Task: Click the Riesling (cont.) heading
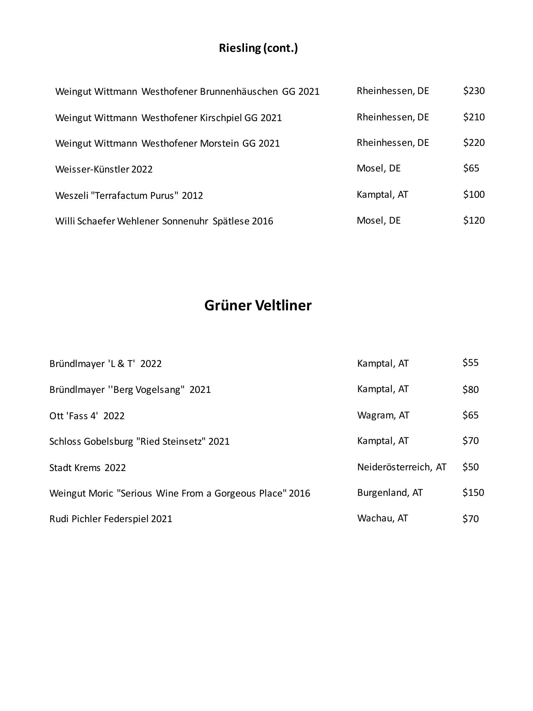258,48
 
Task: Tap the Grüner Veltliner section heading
258,306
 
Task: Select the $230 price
473,91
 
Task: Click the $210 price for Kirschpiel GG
473,117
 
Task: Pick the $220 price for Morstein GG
473,143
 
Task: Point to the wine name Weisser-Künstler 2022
104,169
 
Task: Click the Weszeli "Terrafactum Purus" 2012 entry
129,195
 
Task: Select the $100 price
473,194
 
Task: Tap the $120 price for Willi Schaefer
473,220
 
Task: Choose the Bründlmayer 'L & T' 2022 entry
105,364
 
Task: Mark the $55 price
470,363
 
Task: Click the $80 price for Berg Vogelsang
470,390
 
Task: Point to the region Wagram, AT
383,415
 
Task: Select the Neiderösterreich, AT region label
402,467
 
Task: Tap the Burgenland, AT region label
390,493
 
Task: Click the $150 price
473,493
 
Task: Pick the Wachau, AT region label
382,518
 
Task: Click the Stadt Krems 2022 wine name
87,468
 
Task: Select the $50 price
470,467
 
